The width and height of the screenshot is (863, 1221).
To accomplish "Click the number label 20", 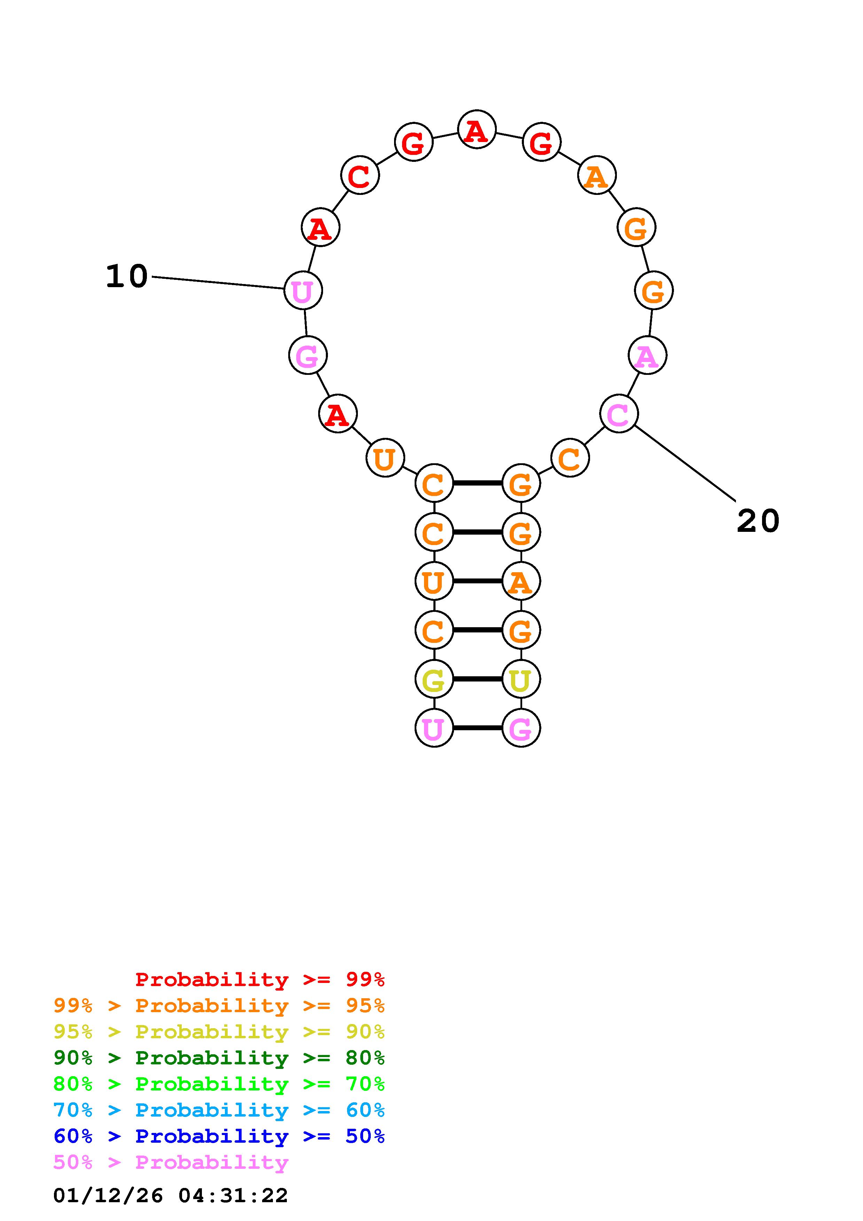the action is pyautogui.click(x=758, y=521).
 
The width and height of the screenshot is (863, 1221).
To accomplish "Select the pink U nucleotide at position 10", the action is pyautogui.click(x=303, y=290).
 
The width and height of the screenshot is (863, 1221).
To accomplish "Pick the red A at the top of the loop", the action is pyautogui.click(x=477, y=130).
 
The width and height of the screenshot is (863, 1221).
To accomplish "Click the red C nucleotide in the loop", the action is pyautogui.click(x=360, y=175).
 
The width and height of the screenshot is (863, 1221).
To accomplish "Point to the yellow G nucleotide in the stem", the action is pyautogui.click(x=434, y=679).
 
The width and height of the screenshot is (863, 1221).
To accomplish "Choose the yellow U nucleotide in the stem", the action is pyautogui.click(x=520, y=679).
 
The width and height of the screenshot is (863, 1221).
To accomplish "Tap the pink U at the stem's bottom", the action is pyautogui.click(x=434, y=728).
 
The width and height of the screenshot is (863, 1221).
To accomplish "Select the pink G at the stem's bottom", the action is pyautogui.click(x=520, y=728).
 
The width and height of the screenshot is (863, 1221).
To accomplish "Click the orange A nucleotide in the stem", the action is pyautogui.click(x=520, y=581).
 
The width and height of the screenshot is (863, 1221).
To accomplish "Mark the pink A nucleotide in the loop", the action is pyautogui.click(x=647, y=355).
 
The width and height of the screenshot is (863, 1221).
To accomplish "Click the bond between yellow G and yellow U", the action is pyautogui.click(x=478, y=679).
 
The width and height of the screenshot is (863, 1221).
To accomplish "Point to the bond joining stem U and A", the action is pyautogui.click(x=478, y=581).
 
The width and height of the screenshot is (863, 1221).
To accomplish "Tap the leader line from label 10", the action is pyautogui.click(x=218, y=283).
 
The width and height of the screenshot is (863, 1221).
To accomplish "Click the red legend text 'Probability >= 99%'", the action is pyautogui.click(x=260, y=979).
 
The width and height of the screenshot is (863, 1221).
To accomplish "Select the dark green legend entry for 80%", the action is pyautogui.click(x=219, y=1058).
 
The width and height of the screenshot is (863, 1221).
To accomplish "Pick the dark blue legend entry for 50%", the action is pyautogui.click(x=219, y=1136).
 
